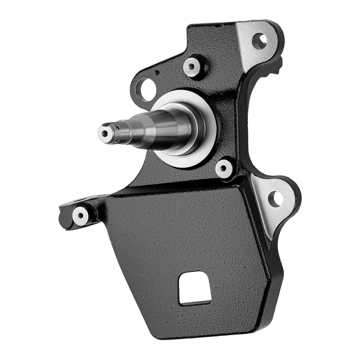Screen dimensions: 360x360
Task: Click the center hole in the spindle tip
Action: [x=105, y=134]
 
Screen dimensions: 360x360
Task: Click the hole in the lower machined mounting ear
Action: [x=275, y=198]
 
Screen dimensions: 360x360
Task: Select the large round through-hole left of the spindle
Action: [x=146, y=89]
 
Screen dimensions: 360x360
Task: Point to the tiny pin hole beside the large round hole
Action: [x=157, y=72]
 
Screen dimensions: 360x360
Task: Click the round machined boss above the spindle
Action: [x=192, y=66]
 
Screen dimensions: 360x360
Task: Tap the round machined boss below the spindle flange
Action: [x=224, y=168]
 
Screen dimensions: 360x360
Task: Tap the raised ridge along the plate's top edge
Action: [x=180, y=190]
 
